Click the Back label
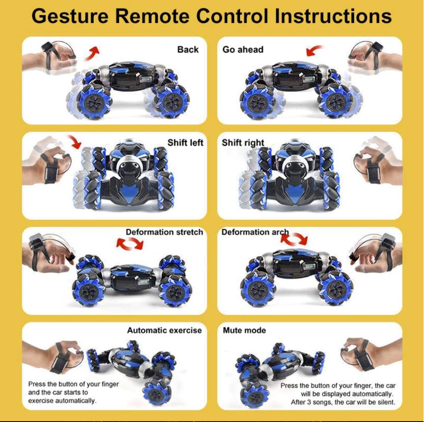coord(188,50)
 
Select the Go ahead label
coord(243,50)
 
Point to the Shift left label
coord(185,143)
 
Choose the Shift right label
coord(243,143)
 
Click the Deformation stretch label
coord(165,232)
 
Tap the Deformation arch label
coord(254,232)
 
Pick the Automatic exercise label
coord(165,330)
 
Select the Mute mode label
coord(244,330)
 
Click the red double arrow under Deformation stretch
coord(129,244)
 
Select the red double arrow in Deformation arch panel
coord(294,239)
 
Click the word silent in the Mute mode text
coord(385,402)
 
